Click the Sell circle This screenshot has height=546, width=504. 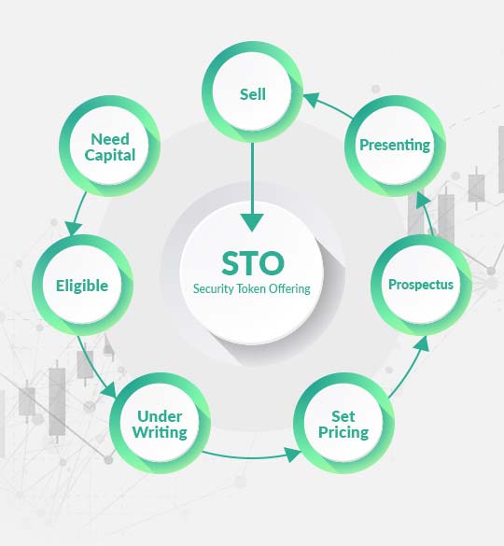point(252,93)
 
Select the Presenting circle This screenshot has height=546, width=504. point(395,145)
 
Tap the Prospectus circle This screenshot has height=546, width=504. point(420,284)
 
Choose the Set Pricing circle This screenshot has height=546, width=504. point(343,425)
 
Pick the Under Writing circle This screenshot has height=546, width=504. point(161,425)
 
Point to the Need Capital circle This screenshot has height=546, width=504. point(109,147)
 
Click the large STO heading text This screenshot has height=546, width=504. point(252,262)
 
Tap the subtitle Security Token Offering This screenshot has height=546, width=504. point(252,288)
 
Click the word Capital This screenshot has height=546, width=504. point(109,155)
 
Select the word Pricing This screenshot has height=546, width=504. point(343,433)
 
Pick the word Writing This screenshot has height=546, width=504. point(161,433)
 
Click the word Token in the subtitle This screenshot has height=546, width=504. point(250,288)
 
